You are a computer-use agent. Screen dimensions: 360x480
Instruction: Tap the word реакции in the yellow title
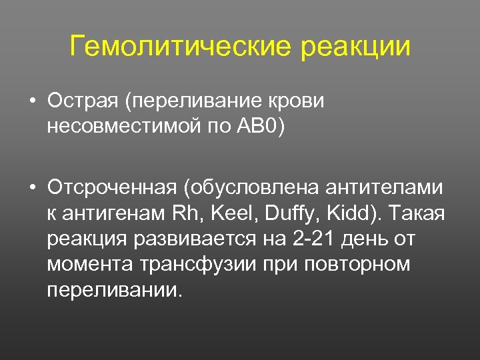[356, 48]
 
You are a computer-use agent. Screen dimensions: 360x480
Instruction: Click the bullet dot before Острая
[32, 103]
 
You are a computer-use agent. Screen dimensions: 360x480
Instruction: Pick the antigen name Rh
[183, 214]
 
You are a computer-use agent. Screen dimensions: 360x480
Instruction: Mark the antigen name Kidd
[344, 214]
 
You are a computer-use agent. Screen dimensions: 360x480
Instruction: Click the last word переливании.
[114, 290]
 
